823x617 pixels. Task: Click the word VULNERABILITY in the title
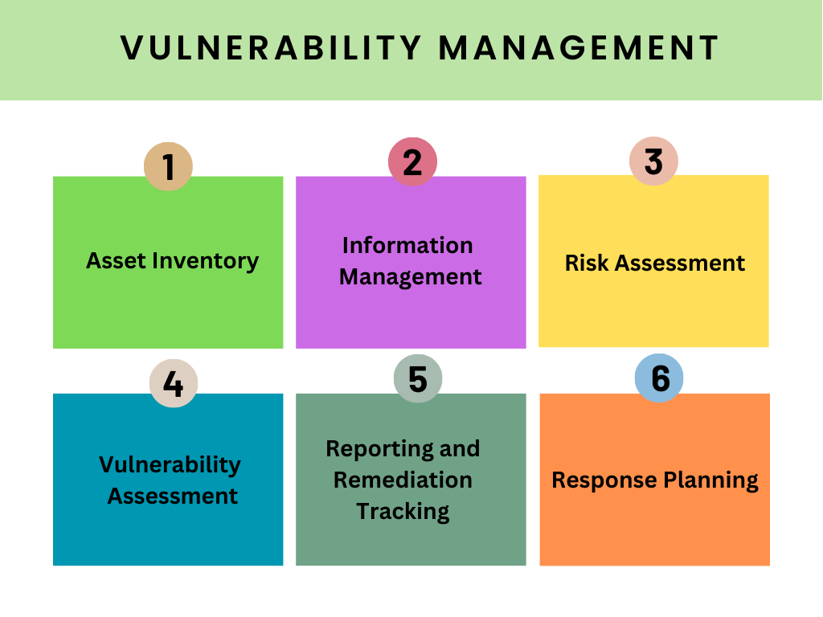point(271,48)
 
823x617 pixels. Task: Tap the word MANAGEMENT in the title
point(579,48)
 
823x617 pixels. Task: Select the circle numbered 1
point(169,166)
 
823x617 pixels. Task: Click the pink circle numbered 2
point(412,161)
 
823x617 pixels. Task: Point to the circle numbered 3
point(653,161)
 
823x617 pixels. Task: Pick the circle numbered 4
point(174,383)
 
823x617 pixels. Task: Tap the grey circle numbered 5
point(418,378)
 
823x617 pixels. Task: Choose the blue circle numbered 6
point(659,378)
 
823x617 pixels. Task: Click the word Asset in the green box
point(116,261)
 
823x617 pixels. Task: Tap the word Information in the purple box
point(407,246)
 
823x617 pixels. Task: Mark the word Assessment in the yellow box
point(680,264)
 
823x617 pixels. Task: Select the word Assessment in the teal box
point(173,496)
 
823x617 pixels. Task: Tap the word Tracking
point(403,513)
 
